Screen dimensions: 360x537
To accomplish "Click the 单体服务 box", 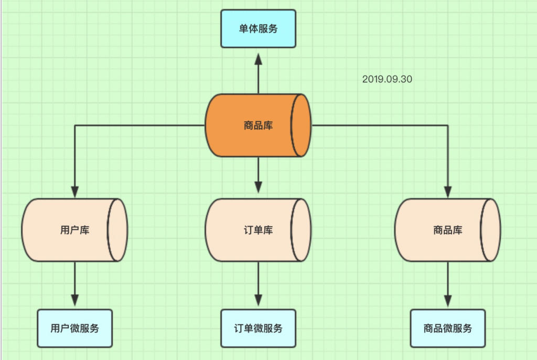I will pyautogui.click(x=258, y=28).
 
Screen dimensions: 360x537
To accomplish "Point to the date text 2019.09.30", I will pyautogui.click(x=386, y=79).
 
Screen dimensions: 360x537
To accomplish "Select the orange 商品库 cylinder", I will pyautogui.click(x=252, y=125).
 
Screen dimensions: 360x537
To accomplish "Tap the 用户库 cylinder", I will pyautogui.click(x=68, y=230).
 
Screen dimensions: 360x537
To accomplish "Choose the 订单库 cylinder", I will pyautogui.click(x=252, y=230).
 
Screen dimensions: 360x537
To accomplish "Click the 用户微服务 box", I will pyautogui.click(x=74, y=329).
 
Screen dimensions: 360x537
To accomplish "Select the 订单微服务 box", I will pyautogui.click(x=258, y=329).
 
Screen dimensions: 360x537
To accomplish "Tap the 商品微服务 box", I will pyautogui.click(x=448, y=329).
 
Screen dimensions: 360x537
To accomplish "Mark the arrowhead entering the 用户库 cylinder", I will pyautogui.click(x=74, y=191).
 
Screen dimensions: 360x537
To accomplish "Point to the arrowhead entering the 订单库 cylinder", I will pyautogui.click(x=258, y=186).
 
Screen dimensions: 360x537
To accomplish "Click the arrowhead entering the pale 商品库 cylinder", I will pyautogui.click(x=448, y=191).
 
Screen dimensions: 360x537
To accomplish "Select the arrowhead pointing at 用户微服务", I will pyautogui.click(x=74, y=300).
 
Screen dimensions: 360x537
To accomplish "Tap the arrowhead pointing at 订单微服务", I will pyautogui.click(x=258, y=300).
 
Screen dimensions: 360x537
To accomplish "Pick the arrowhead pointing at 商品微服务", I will pyautogui.click(x=448, y=300).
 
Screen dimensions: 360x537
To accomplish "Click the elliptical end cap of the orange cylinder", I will pyautogui.click(x=301, y=125).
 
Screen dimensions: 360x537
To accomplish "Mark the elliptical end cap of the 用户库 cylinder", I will pyautogui.click(x=117, y=230).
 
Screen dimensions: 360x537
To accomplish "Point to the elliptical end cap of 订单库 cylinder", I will pyautogui.click(x=301, y=230).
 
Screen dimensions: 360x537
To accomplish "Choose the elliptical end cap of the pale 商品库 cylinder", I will pyautogui.click(x=491, y=230).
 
